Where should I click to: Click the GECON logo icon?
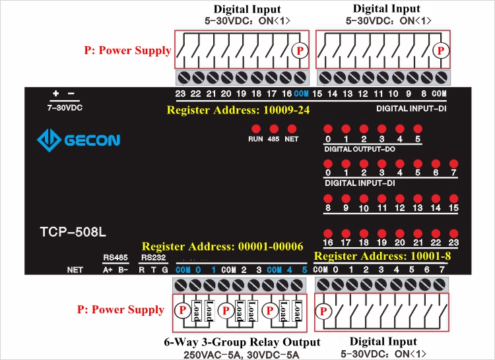click(x=48, y=140)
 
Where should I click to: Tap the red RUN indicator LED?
click(x=255, y=129)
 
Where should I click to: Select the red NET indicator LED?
click(x=291, y=129)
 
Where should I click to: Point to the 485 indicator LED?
click(x=273, y=129)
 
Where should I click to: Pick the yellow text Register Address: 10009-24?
click(x=238, y=110)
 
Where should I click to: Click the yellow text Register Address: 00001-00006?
click(x=222, y=247)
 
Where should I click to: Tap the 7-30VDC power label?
click(x=65, y=107)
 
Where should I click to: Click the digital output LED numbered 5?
click(x=417, y=129)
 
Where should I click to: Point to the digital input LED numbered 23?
click(x=453, y=232)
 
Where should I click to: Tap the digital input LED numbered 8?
click(x=327, y=198)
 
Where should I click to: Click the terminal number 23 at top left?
click(x=180, y=94)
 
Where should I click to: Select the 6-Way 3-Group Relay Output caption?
click(x=242, y=342)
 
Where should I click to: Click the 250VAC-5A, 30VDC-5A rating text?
click(x=240, y=355)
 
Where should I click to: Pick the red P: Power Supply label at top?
click(x=127, y=50)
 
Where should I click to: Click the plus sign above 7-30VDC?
click(x=56, y=94)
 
